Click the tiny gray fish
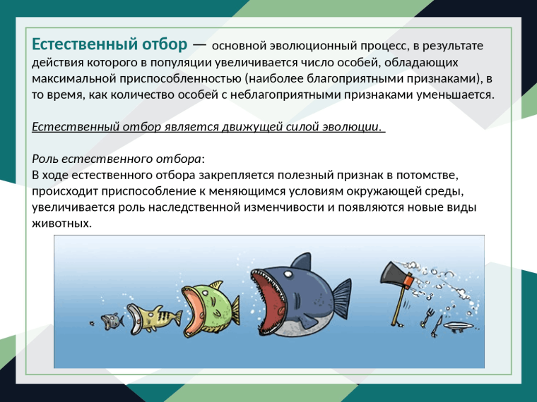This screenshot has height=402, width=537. point(110,321)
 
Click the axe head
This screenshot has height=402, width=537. point(394,273)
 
